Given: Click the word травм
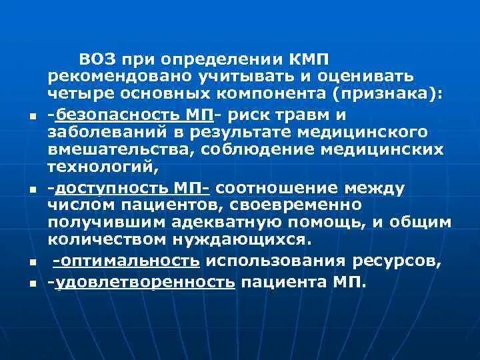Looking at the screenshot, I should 354,115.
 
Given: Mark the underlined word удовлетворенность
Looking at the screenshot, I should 145,283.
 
